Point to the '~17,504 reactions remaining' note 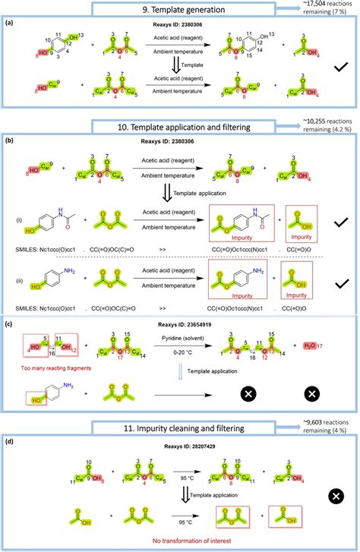330,11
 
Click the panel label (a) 8,24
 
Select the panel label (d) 8,447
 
